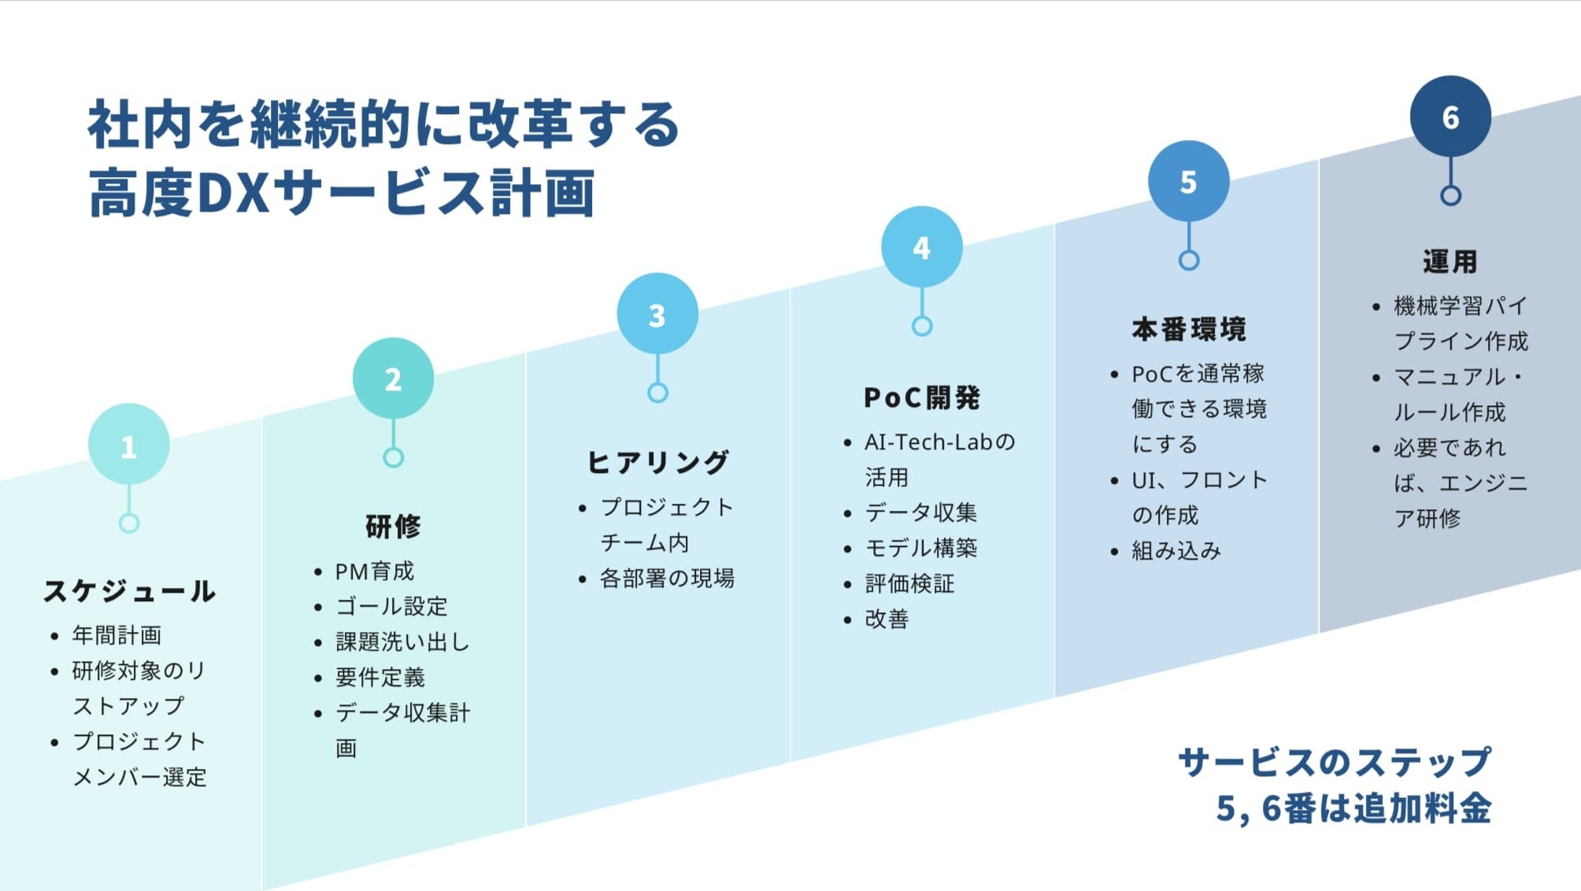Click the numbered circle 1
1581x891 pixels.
pos(129,445)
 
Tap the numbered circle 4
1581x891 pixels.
pos(921,247)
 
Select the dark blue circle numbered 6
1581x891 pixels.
pos(1450,116)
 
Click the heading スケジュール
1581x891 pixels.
pos(129,590)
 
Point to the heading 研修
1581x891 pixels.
pos(393,526)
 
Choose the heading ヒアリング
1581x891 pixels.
pos(657,462)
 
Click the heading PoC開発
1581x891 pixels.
pos(921,397)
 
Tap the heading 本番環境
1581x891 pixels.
pos(1189,329)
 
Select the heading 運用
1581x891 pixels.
pos(1450,261)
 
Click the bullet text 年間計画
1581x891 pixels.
pos(117,634)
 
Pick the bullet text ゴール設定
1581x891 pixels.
pos(391,606)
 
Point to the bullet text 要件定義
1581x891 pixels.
pos(380,677)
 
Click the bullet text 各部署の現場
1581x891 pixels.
pos(667,579)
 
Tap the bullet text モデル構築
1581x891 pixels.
pos(921,548)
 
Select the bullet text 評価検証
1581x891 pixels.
pos(909,583)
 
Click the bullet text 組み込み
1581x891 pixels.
pos(1176,551)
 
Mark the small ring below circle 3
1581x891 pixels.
pos(657,392)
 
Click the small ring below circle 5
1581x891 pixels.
pos(1189,260)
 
